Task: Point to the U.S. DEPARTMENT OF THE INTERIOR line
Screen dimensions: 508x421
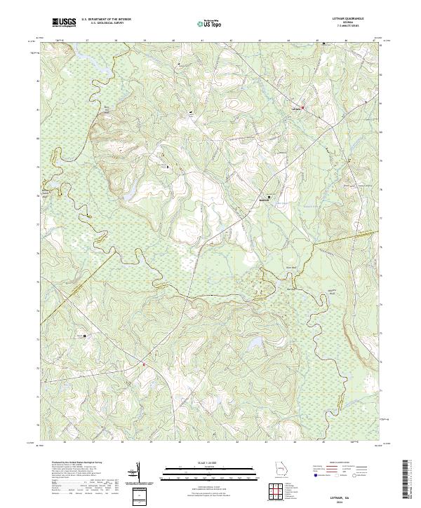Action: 106,19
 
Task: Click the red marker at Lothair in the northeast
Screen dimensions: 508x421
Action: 302,107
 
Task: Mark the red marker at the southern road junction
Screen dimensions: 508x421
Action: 145,364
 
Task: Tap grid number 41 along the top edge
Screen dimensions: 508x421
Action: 202,41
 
